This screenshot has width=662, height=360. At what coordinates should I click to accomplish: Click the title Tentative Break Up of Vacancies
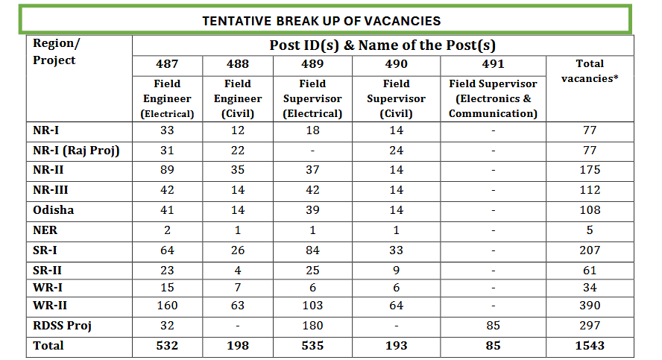point(321,21)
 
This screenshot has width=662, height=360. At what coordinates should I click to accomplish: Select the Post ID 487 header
point(167,64)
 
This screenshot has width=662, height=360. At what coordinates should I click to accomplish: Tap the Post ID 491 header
point(492,64)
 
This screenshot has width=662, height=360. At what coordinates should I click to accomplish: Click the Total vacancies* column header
point(590,71)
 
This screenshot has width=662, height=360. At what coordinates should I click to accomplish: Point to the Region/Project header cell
point(54,51)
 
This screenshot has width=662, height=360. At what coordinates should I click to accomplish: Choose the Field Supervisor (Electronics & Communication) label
point(492,98)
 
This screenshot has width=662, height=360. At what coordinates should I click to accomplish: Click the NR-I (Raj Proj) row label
point(77,151)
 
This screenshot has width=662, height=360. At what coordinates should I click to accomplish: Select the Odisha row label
point(54,210)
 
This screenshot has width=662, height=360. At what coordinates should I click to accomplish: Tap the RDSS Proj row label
point(63,326)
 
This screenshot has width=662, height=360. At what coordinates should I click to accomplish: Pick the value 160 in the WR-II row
point(167,306)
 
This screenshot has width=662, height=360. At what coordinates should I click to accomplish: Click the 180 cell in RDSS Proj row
point(312,326)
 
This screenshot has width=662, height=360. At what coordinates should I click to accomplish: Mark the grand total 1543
point(590,346)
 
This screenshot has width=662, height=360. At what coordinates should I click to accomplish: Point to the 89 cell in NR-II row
point(167,170)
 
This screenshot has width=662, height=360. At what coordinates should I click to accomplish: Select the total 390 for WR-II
point(590,306)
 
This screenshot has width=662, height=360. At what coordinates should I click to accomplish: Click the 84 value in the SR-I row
point(312,250)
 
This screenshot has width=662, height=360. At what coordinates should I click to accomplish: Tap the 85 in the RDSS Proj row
point(492,326)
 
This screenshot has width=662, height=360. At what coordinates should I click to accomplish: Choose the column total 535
point(312,346)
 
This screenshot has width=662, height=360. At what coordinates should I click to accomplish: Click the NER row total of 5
point(590,230)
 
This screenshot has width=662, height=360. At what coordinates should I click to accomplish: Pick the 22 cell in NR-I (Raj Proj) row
point(238,151)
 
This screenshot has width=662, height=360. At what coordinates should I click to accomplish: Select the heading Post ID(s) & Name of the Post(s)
point(382,45)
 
